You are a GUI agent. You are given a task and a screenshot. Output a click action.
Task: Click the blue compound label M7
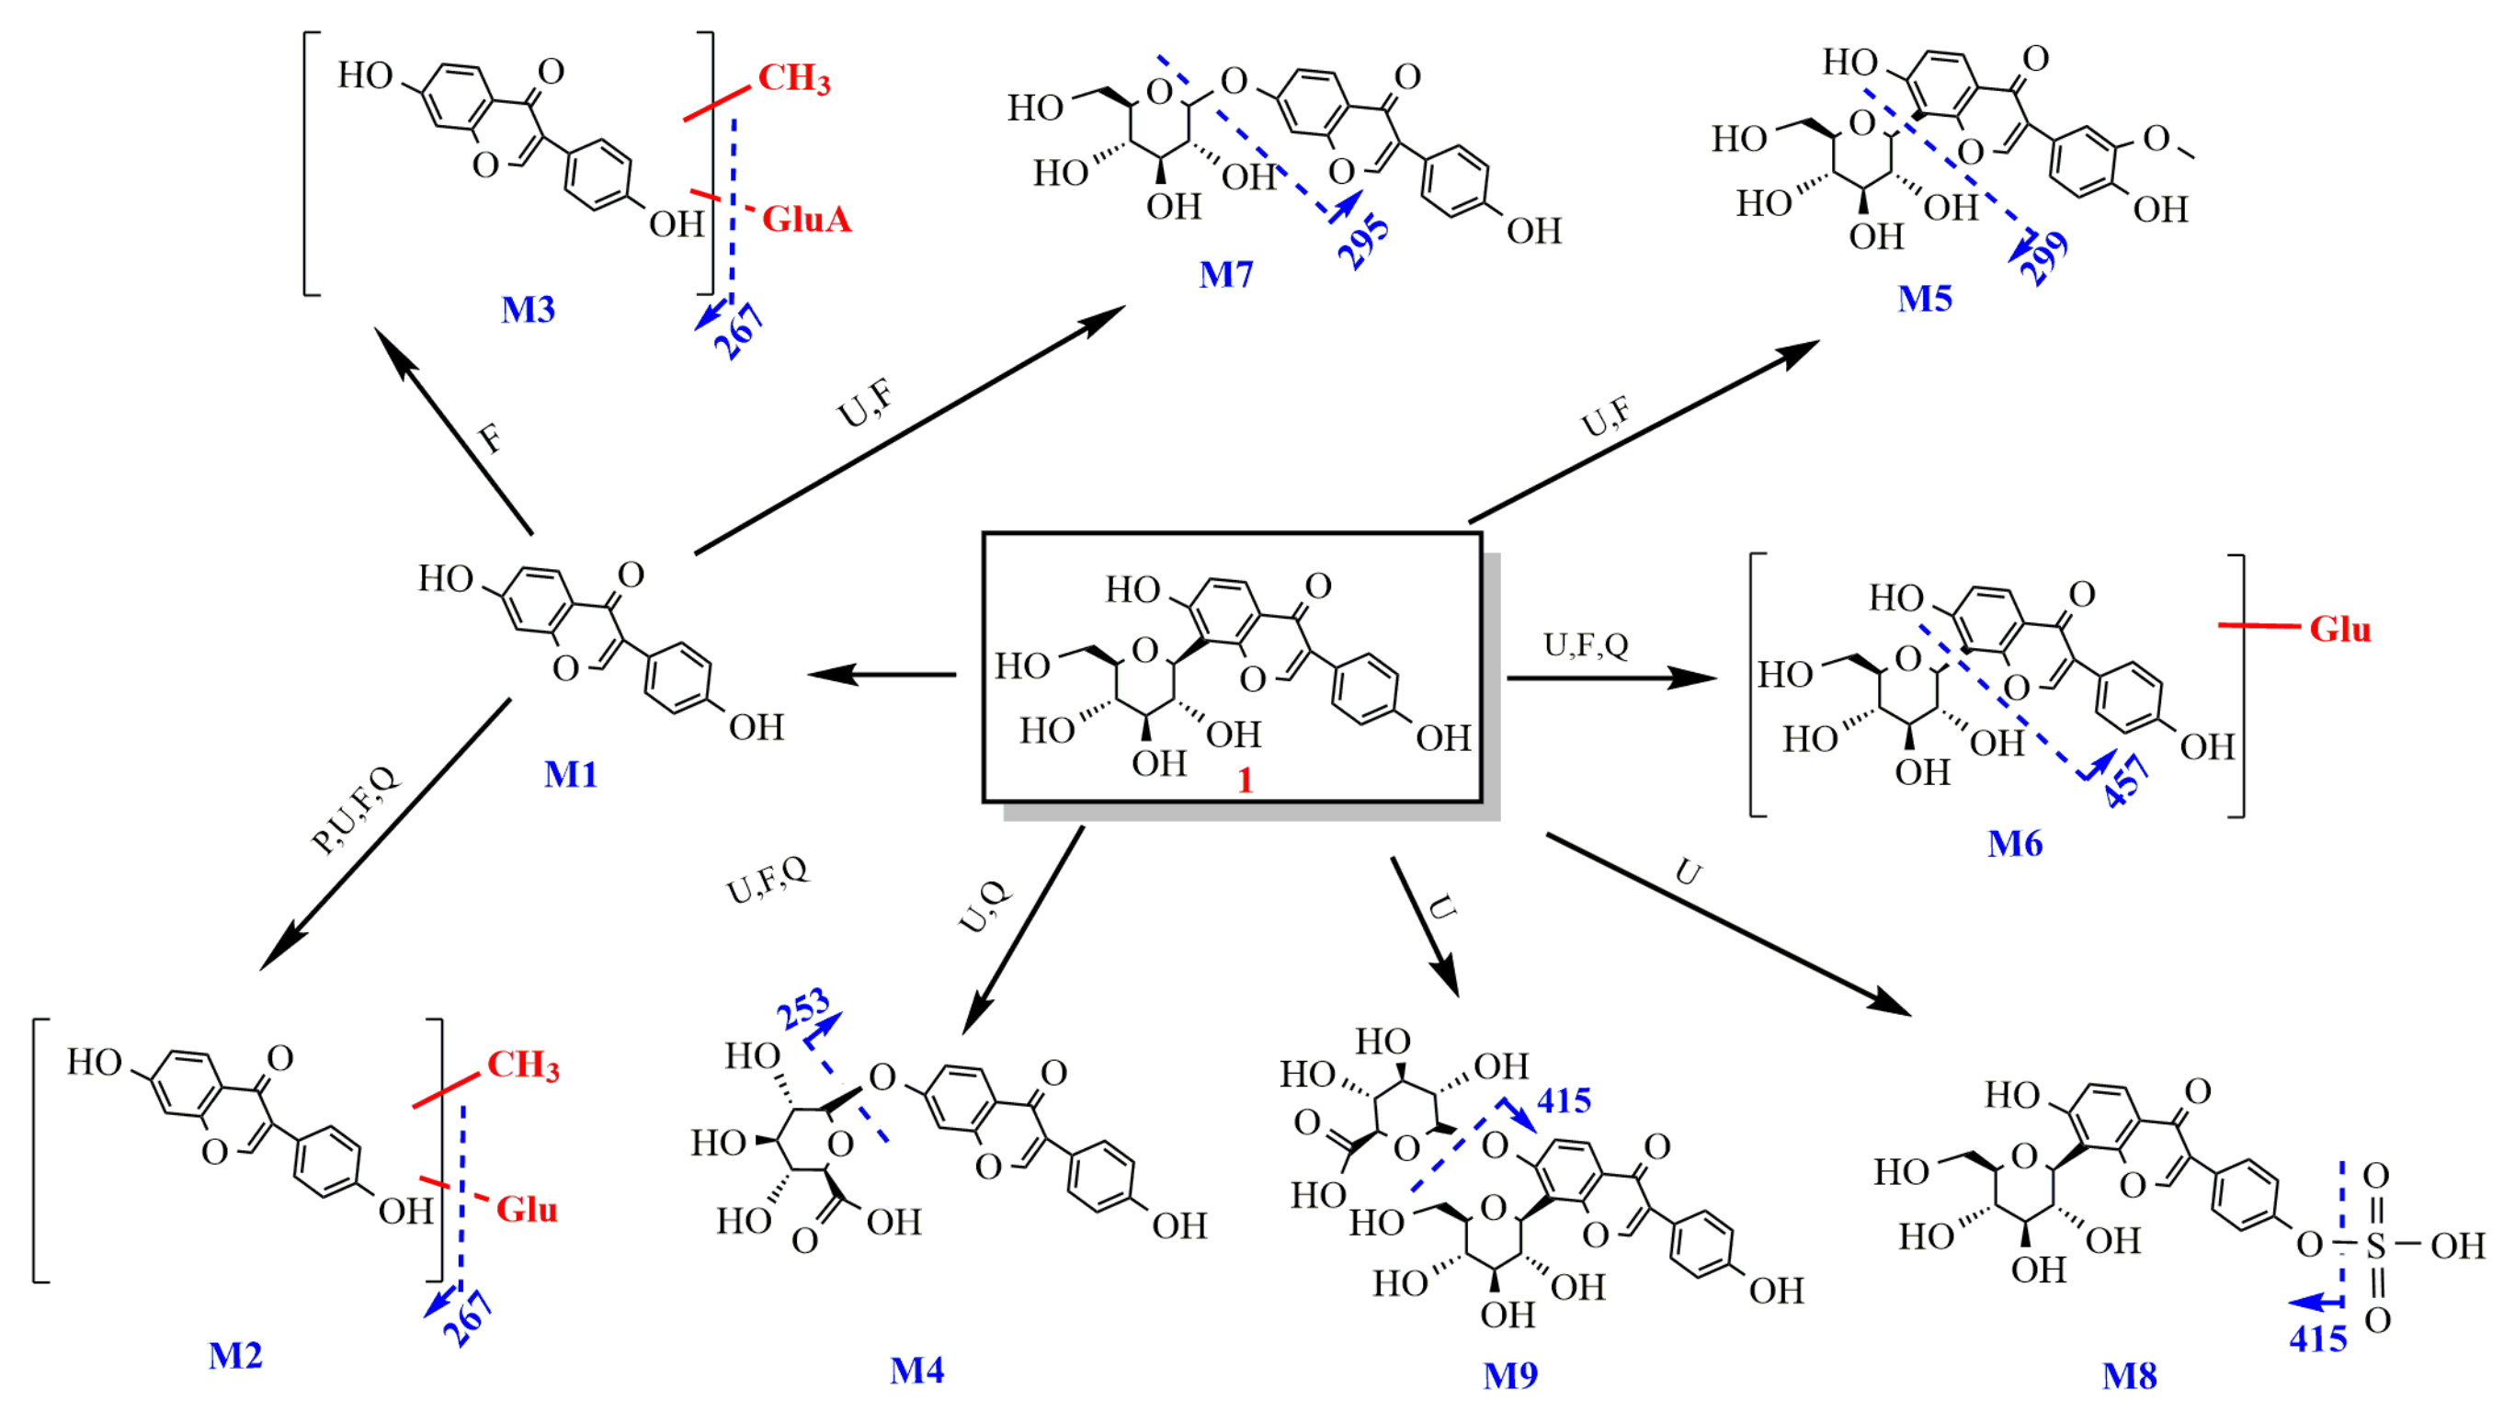pyautogui.click(x=1225, y=274)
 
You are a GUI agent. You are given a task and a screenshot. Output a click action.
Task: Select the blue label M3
pyautogui.click(x=528, y=310)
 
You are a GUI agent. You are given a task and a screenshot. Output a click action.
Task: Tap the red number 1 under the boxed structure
pyautogui.click(x=1245, y=780)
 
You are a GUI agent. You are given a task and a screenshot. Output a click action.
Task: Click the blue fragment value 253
pyautogui.click(x=802, y=1008)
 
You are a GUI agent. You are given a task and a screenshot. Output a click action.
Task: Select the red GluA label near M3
pyautogui.click(x=806, y=219)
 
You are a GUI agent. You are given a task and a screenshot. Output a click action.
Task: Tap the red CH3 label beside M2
pyautogui.click(x=523, y=1065)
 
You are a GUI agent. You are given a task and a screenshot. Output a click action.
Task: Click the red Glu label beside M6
pyautogui.click(x=2339, y=629)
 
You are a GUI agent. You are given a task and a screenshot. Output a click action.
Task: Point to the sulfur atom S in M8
pyautogui.click(x=2375, y=1245)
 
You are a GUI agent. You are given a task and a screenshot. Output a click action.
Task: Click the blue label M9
pyautogui.click(x=1510, y=1375)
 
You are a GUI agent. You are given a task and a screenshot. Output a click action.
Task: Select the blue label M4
pyautogui.click(x=916, y=1370)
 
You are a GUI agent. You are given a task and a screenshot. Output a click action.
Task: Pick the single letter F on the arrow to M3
pyautogui.click(x=491, y=439)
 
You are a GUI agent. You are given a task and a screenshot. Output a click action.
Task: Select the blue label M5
pyautogui.click(x=1924, y=298)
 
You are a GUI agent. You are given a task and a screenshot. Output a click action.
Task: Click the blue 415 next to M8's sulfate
pyautogui.click(x=2317, y=1338)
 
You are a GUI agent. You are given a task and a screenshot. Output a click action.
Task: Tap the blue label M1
pyautogui.click(x=570, y=774)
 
